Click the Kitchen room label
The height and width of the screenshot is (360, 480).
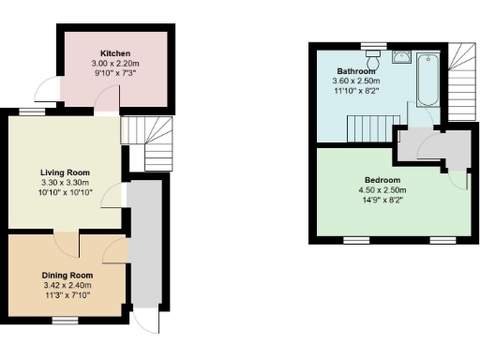tap(115, 53)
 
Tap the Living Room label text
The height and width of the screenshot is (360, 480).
tap(65, 172)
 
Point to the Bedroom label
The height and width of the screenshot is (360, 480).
tap(382, 180)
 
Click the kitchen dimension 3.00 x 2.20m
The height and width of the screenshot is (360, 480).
tap(115, 63)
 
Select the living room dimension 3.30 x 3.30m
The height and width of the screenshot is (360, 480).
tap(65, 183)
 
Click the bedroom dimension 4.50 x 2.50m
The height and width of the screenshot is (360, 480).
tap(382, 190)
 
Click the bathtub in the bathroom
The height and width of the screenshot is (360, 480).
tap(427, 79)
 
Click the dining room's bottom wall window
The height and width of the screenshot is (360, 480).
tap(65, 320)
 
